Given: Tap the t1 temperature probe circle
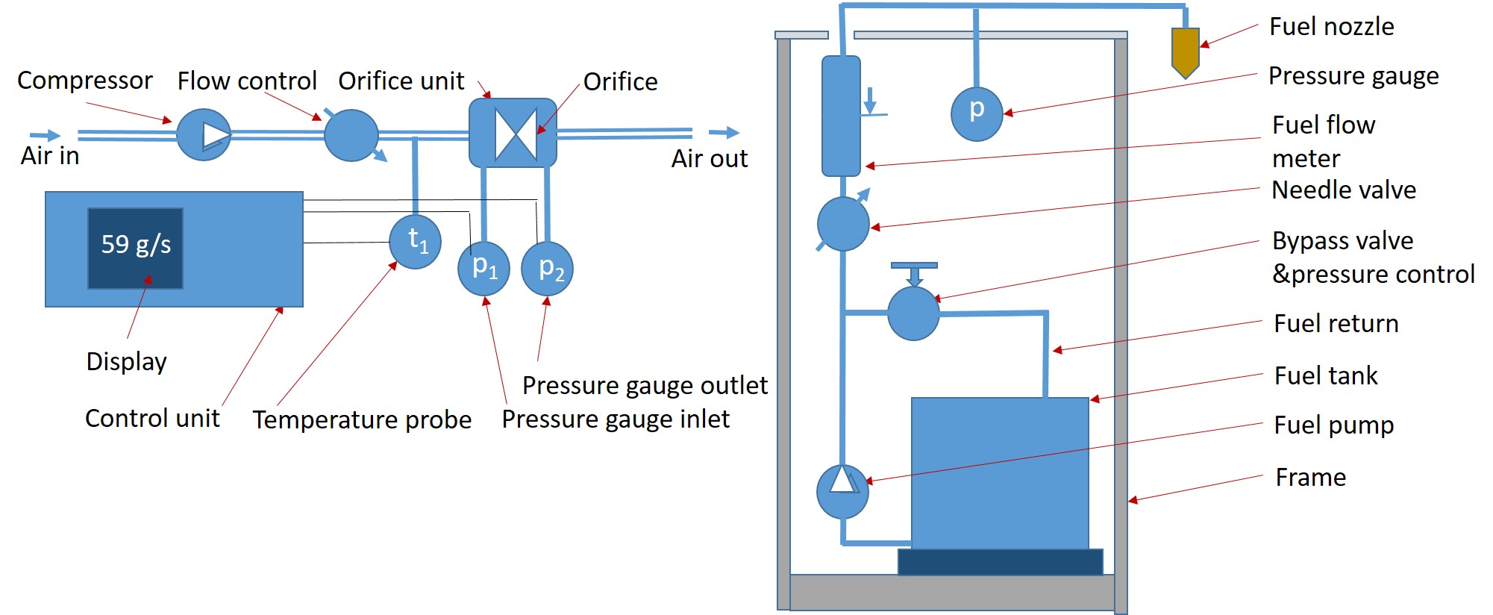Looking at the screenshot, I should click(416, 241).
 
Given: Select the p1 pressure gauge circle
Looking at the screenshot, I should click(483, 268).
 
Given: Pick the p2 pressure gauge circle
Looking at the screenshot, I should click(547, 268).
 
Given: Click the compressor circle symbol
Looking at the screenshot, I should click(204, 135).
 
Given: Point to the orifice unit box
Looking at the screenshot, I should click(513, 133).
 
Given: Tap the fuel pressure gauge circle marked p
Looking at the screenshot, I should click(977, 114).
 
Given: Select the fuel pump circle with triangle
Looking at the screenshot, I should click(842, 492).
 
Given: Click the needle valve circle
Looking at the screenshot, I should click(843, 224).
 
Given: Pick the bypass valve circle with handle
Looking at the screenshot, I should click(913, 313).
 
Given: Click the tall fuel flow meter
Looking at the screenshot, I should click(841, 116).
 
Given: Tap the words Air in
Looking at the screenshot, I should click(50, 156).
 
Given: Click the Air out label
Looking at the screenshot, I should click(709, 159).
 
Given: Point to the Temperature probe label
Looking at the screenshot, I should click(362, 420).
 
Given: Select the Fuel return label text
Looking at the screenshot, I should click(1336, 324).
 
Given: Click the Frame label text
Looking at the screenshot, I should click(1310, 478).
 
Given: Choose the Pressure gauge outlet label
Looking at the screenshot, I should click(645, 386).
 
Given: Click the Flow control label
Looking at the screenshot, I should click(247, 81).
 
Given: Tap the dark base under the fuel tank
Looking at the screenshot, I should click(1000, 562).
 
